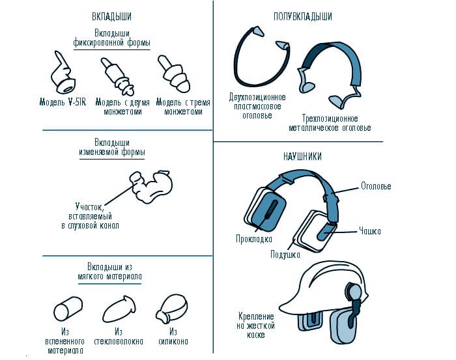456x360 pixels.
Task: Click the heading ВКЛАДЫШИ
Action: coord(111,16)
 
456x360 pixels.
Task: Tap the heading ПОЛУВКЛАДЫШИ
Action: coord(303,16)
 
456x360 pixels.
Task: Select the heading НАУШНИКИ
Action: coord(302,157)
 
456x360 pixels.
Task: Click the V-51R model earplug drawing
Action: coord(63,74)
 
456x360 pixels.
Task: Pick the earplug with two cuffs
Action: coord(118,77)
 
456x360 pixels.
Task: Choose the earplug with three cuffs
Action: coord(175,74)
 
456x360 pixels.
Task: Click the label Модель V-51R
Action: coord(63,102)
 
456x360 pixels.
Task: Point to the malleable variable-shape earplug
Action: coord(151,186)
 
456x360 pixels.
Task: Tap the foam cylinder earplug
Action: coord(68,309)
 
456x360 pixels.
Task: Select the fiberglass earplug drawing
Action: coord(119,309)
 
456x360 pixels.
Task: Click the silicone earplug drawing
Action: coord(172,309)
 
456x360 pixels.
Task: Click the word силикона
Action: coord(173,341)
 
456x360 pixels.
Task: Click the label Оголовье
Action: coord(376,186)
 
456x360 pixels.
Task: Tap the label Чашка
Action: coord(370,231)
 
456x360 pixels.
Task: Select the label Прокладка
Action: coord(254,239)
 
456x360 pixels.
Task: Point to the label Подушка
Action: coord(285,255)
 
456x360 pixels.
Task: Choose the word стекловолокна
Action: coord(119,341)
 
